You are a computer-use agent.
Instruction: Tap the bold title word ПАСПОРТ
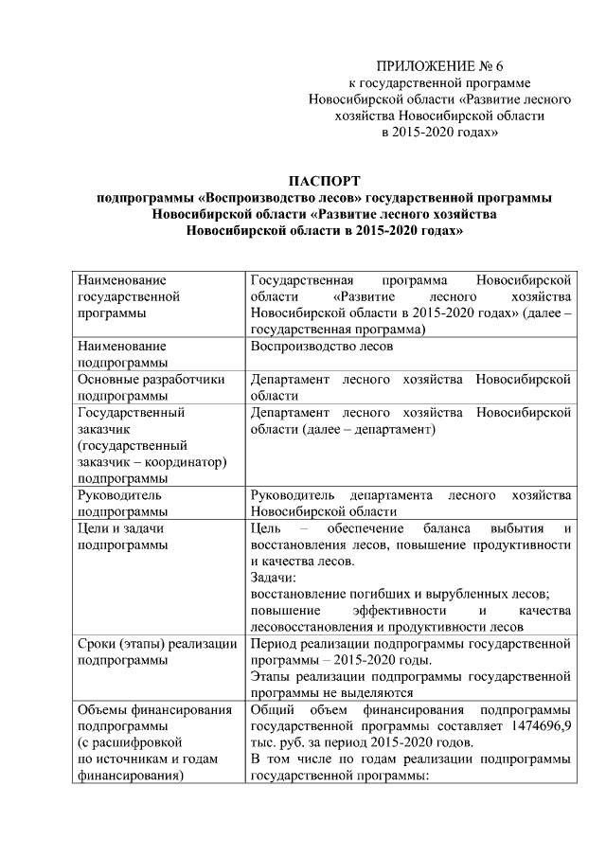(325, 181)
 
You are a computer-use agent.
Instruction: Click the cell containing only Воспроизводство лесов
(323, 347)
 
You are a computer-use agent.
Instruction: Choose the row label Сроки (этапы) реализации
(157, 644)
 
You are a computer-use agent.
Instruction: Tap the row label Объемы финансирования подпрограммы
(155, 709)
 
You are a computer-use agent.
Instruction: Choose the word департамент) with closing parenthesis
(392, 429)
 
